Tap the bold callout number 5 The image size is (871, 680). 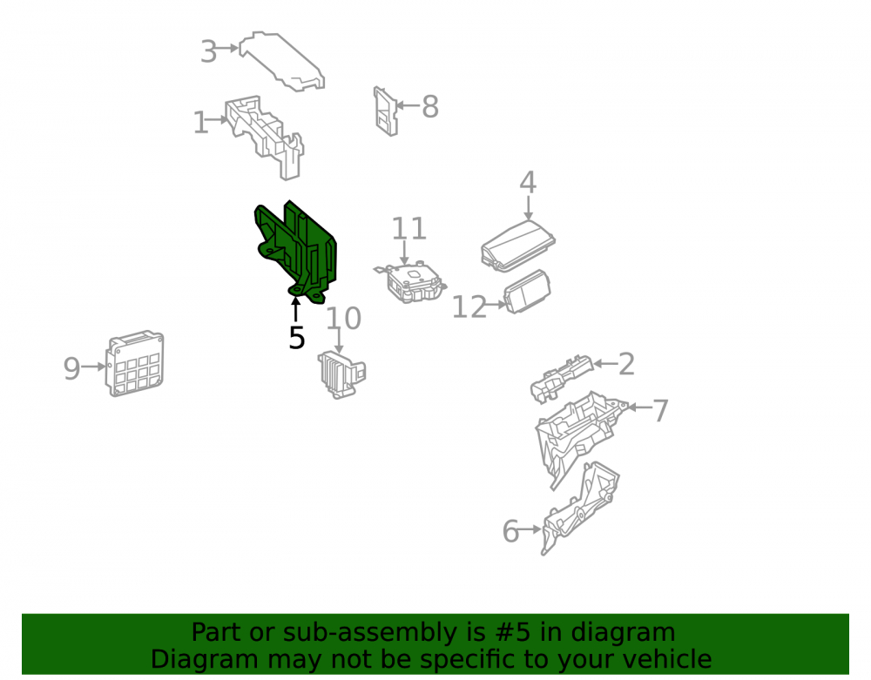(297, 338)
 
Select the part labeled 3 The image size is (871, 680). (280, 60)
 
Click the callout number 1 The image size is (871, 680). (200, 123)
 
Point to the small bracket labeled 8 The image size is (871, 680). (386, 111)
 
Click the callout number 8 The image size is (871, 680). (430, 106)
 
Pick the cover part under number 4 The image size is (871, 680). (517, 246)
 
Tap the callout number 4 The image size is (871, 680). (528, 182)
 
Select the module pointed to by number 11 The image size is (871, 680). (411, 283)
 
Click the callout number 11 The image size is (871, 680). (408, 228)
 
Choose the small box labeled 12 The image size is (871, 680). (527, 292)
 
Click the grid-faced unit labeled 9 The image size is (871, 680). (135, 364)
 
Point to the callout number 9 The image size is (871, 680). (71, 368)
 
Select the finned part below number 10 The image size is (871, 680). (341, 374)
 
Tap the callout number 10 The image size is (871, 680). (343, 318)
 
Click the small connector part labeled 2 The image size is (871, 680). (561, 378)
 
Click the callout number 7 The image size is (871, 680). (660, 410)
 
